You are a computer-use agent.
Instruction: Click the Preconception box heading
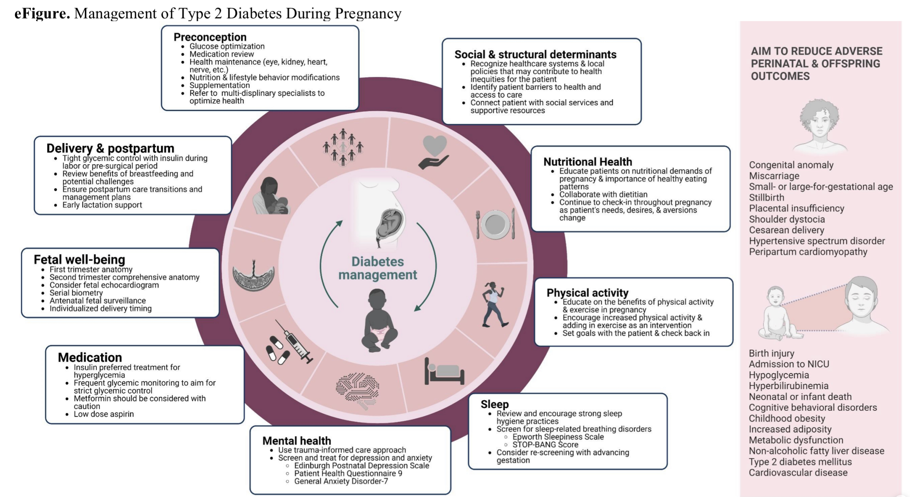(210, 37)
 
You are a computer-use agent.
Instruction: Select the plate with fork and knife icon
(495, 224)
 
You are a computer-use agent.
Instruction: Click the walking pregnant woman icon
(494, 304)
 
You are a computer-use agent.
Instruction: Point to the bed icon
(444, 371)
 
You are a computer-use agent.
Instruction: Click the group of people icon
(343, 147)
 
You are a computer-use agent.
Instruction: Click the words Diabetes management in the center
(377, 268)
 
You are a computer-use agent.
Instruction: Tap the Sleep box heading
(495, 404)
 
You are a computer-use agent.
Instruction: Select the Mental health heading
(297, 441)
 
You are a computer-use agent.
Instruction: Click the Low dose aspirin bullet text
(104, 414)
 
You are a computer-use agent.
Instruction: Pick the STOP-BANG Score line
(545, 445)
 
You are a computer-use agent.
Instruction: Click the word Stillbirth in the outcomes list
(767, 197)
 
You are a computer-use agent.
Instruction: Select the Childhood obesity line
(787, 418)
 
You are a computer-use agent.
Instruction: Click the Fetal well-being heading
(79, 259)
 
